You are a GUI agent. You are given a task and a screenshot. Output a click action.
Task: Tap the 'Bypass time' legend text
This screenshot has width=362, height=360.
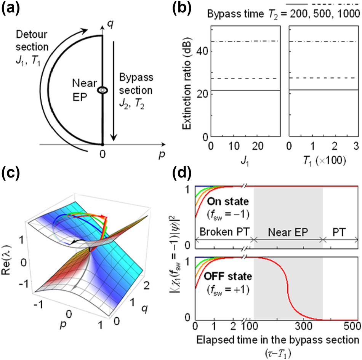coord(234,14)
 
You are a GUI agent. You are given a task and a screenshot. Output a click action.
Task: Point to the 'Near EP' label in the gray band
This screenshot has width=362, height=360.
coord(288,232)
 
